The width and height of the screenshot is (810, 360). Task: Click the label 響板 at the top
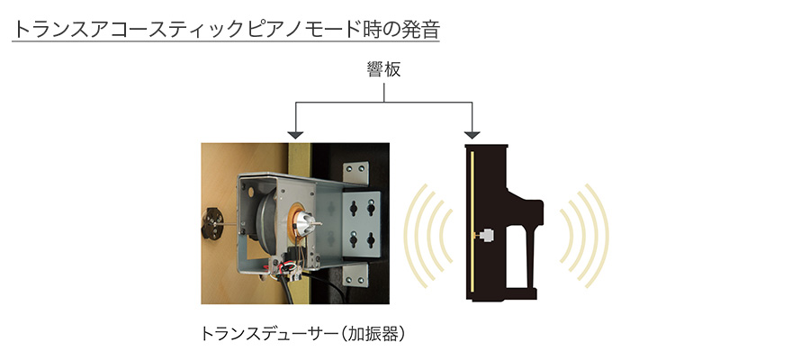(384, 70)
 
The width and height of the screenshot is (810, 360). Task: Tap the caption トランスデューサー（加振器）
(303, 334)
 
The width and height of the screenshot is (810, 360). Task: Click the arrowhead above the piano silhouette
(471, 134)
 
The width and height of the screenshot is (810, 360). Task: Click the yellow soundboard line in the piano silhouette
(471, 225)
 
